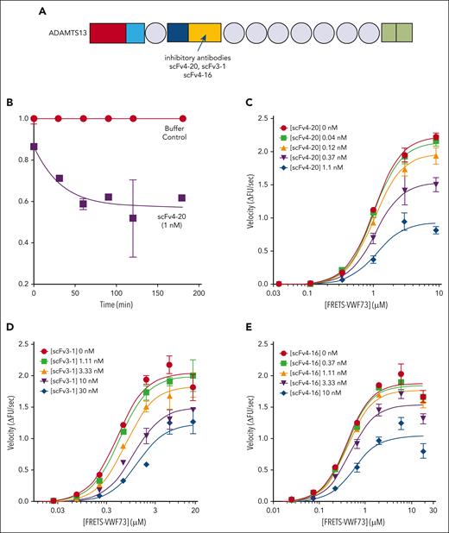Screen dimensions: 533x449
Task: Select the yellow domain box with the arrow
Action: coord(204,34)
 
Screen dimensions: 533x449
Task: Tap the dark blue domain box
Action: coord(178,34)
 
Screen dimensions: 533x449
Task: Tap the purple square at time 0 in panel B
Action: coord(34,147)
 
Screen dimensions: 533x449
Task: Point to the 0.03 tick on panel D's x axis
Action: coord(57,512)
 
